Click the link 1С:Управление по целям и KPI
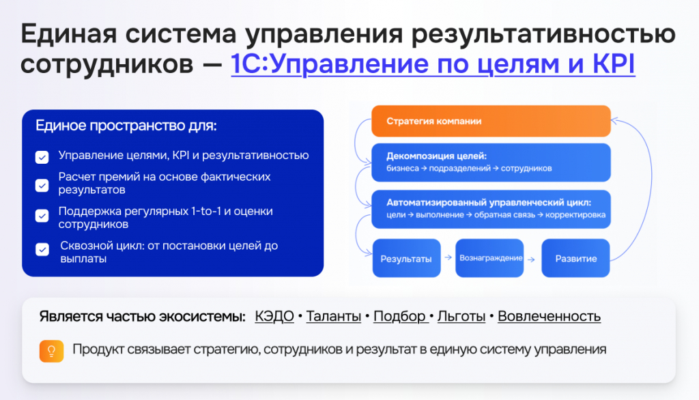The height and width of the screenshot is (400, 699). pyautogui.click(x=433, y=63)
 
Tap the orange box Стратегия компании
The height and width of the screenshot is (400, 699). pyautogui.click(x=491, y=121)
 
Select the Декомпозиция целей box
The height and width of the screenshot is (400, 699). pyautogui.click(x=491, y=162)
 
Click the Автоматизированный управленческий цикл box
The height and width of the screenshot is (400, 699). pyautogui.click(x=491, y=209)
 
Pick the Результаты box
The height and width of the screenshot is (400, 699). pyautogui.click(x=406, y=258)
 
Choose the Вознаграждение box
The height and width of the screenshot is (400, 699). pyautogui.click(x=489, y=258)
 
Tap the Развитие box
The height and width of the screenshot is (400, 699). pyautogui.click(x=575, y=258)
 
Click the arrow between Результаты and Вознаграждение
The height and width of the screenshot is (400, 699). pyautogui.click(x=448, y=257)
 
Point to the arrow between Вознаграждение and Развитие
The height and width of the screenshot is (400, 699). pyautogui.click(x=531, y=259)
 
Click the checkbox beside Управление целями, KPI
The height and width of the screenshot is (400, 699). pyautogui.click(x=42, y=157)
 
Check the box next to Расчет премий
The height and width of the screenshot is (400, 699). pyautogui.click(x=42, y=185)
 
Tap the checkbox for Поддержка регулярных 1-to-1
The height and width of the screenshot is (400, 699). pyautogui.click(x=42, y=216)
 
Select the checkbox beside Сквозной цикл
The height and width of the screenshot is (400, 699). pyautogui.click(x=42, y=249)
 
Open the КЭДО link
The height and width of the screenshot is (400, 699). pyautogui.click(x=274, y=316)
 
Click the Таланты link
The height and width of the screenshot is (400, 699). pyautogui.click(x=333, y=316)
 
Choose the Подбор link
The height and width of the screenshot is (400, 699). pyautogui.click(x=401, y=316)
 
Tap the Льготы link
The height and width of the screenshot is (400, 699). pyautogui.click(x=461, y=316)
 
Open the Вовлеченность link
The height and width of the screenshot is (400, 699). pyautogui.click(x=550, y=316)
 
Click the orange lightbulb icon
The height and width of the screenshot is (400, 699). pyautogui.click(x=51, y=351)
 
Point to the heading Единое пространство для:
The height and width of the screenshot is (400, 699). pyautogui.click(x=126, y=126)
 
